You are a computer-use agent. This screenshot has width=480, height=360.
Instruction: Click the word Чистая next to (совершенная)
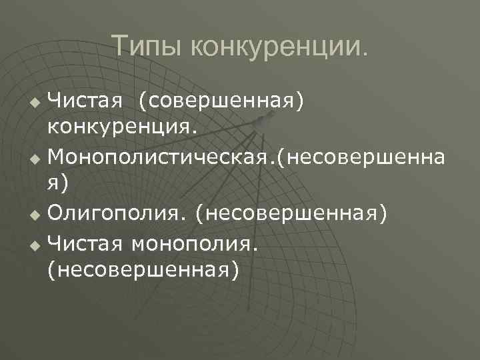pyautogui.click(x=85, y=101)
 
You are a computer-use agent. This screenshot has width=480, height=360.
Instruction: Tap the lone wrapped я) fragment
pyautogui.click(x=57, y=184)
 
